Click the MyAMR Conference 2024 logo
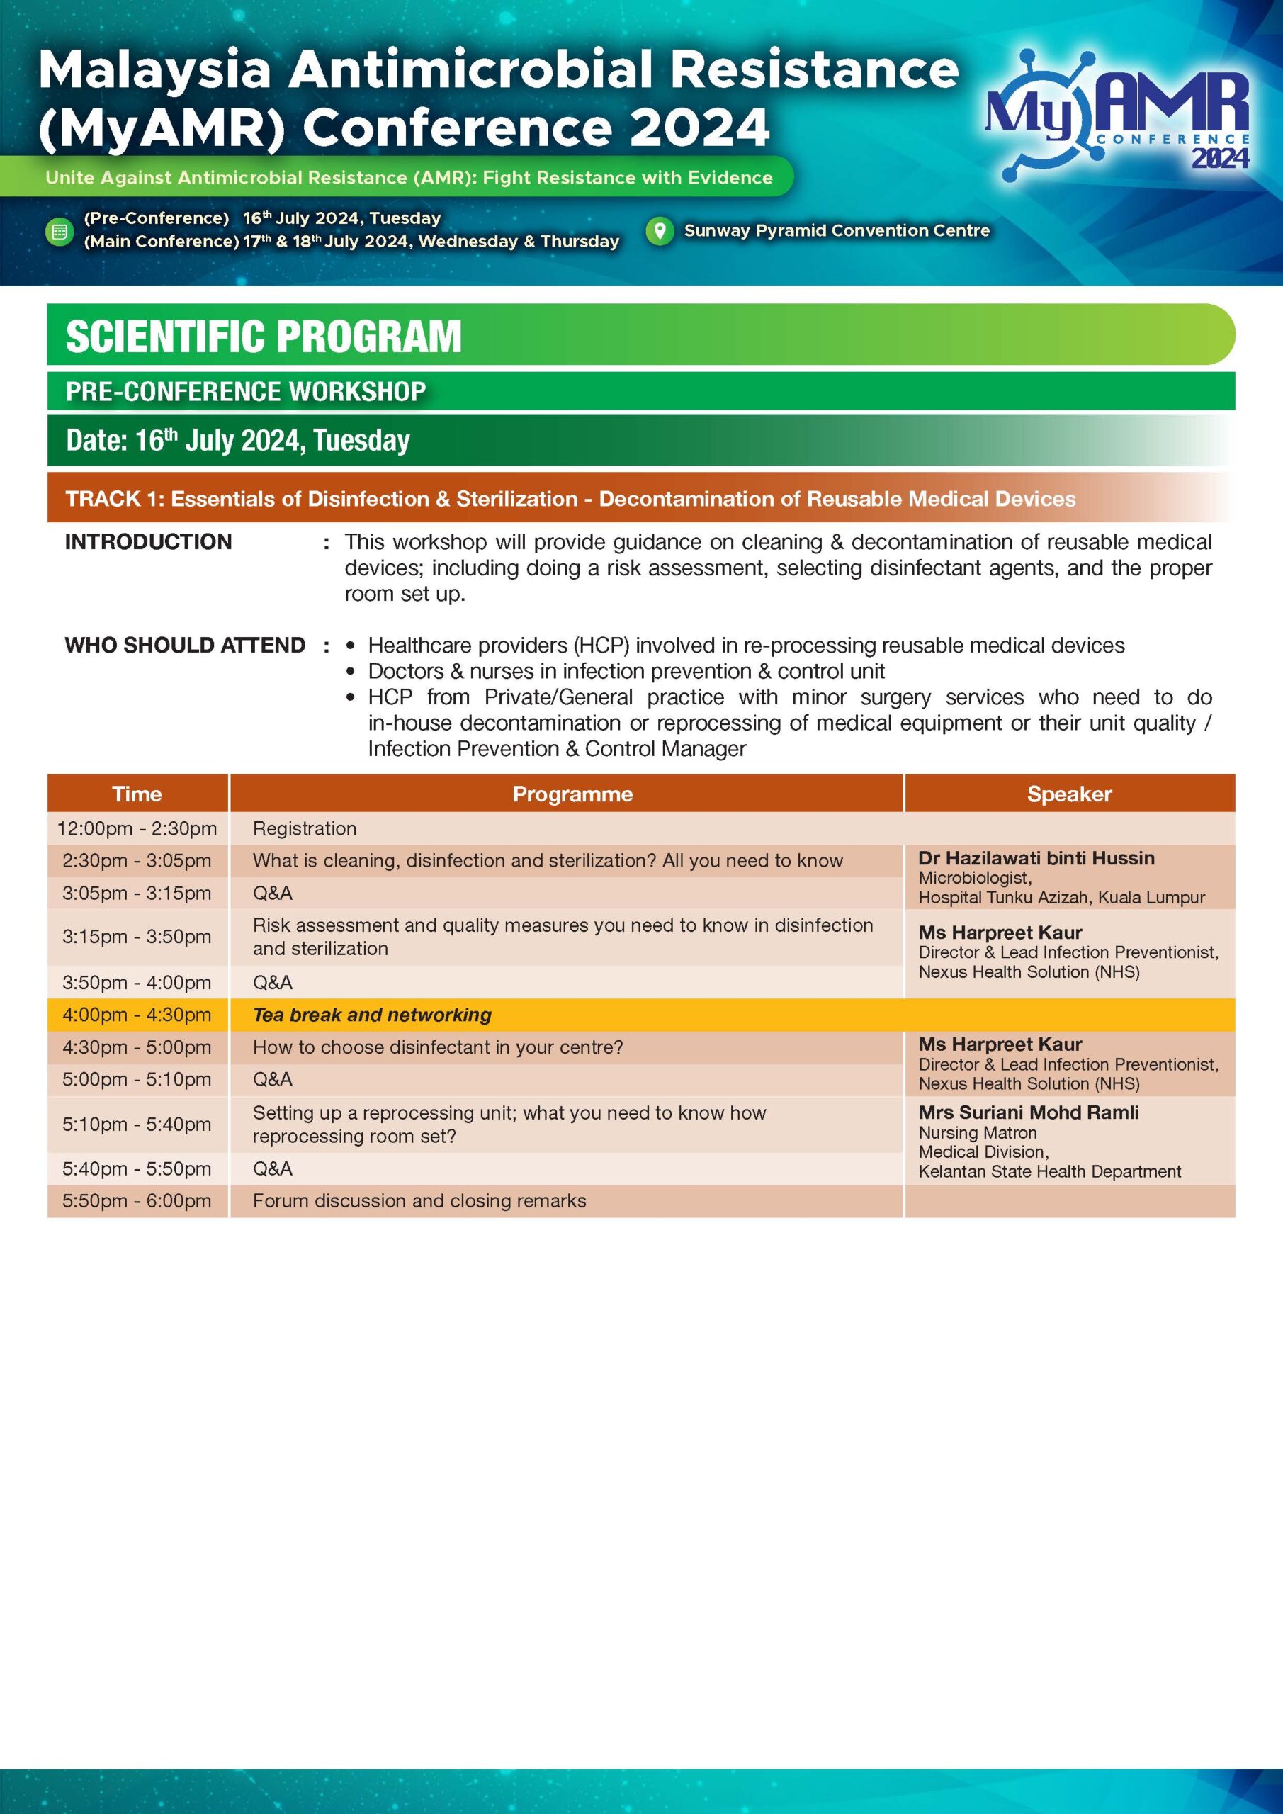[x=1117, y=115]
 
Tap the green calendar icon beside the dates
[x=60, y=232]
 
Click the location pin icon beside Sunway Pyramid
[x=659, y=231]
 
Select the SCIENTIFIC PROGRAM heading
[x=263, y=336]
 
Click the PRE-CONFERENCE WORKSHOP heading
[x=246, y=392]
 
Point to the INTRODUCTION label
[x=149, y=542]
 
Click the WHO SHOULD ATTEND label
[x=185, y=646]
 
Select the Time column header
[x=137, y=794]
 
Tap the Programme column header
[x=572, y=794]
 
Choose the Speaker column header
[x=1069, y=794]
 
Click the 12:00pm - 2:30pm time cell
[x=137, y=829]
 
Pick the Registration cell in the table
[x=304, y=829]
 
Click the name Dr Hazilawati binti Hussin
[x=1036, y=858]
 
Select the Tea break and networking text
[x=371, y=1015]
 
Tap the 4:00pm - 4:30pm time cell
[x=137, y=1015]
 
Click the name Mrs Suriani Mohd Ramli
[x=1028, y=1112]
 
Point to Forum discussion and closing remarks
[x=419, y=1201]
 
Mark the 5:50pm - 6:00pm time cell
[x=137, y=1201]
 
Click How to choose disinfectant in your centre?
[x=437, y=1047]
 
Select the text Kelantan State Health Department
[x=1049, y=1172]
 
